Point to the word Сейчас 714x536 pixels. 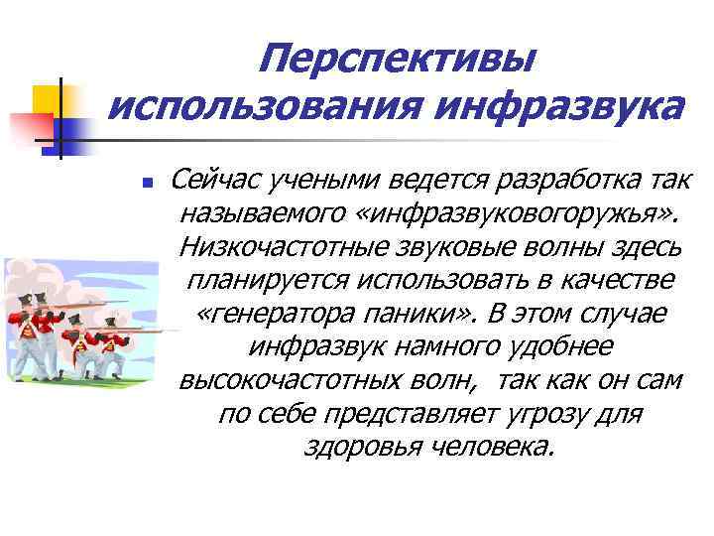(x=213, y=181)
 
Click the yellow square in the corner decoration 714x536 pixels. (x=48, y=99)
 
